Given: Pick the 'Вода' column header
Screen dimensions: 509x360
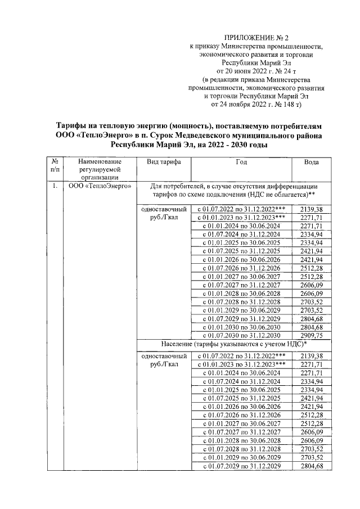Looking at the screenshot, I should (x=311, y=162).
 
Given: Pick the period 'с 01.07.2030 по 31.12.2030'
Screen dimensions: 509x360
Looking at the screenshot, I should (x=241, y=335).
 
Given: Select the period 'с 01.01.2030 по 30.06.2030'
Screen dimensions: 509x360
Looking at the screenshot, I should (x=241, y=327).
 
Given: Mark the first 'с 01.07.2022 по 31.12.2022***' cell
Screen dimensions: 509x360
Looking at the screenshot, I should (x=241, y=209).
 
